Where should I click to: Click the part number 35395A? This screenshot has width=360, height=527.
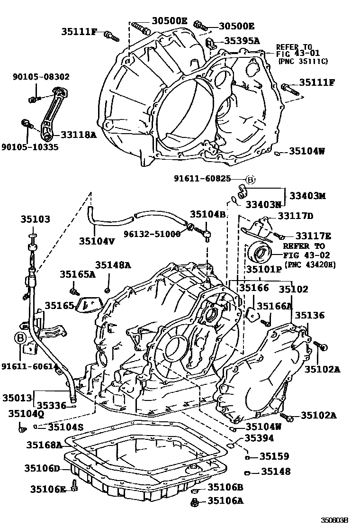coord(242,41)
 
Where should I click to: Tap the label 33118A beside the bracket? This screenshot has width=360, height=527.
coord(79,135)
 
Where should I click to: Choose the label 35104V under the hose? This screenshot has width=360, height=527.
coord(97,240)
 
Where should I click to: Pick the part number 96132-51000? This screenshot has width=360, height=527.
coord(153,234)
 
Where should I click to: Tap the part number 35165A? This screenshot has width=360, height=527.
coord(78,274)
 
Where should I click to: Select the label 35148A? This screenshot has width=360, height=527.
coord(113,265)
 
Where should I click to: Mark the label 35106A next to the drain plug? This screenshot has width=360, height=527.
coord(226,500)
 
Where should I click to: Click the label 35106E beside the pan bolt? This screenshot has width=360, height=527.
coord(48,489)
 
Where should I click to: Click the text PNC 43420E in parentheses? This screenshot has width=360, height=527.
coord(310,264)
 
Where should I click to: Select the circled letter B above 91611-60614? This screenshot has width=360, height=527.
coord(20,338)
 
